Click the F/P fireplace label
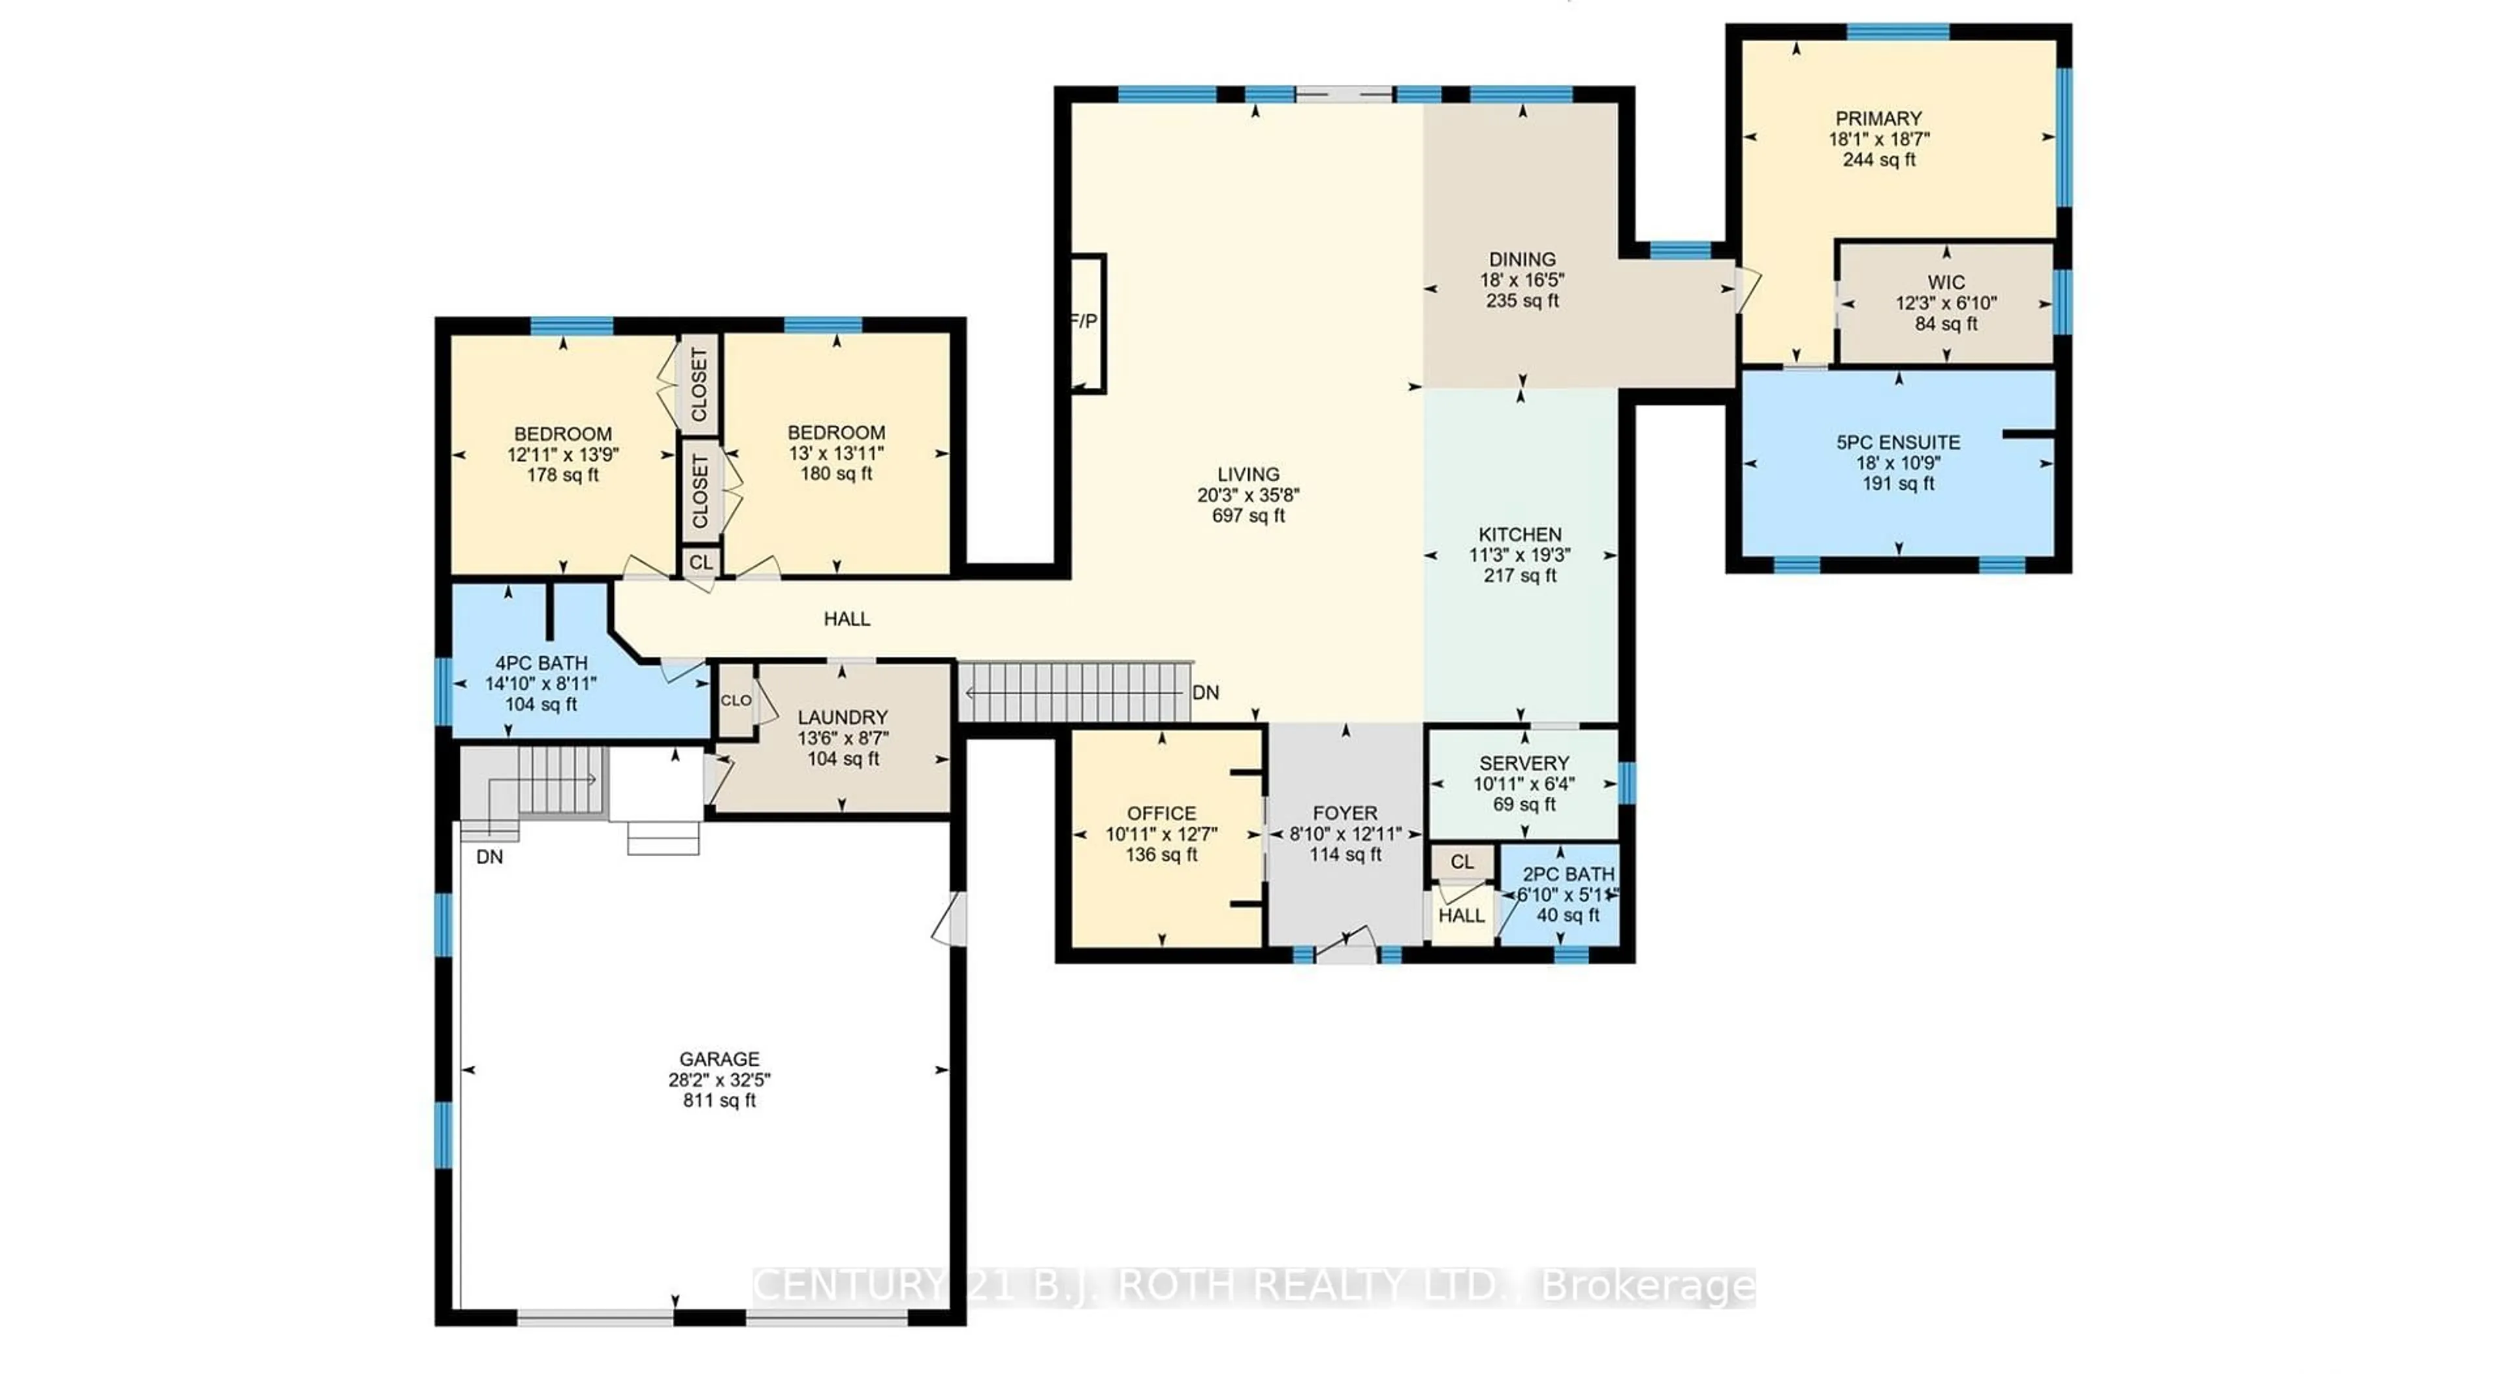click(x=1085, y=321)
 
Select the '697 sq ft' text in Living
click(x=1248, y=516)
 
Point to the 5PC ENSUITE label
click(x=1897, y=442)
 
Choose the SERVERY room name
click(x=1524, y=763)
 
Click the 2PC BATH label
click(x=1567, y=874)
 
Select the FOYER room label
click(x=1345, y=813)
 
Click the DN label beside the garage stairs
click(x=490, y=857)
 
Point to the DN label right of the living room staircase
click(x=1205, y=692)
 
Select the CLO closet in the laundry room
click(x=736, y=700)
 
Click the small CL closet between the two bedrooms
click(x=700, y=563)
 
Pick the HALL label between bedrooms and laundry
click(x=846, y=618)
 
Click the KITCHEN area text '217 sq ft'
click(x=1520, y=575)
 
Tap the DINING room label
click(x=1522, y=259)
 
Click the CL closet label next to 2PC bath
click(x=1462, y=862)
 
